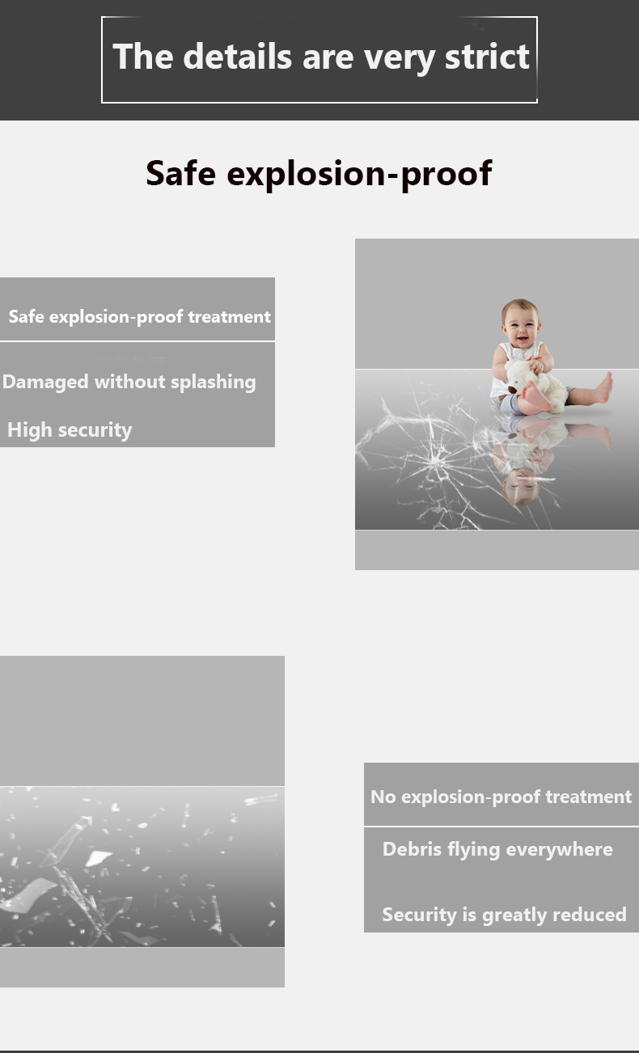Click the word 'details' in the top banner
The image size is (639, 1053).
pyautogui.click(x=238, y=57)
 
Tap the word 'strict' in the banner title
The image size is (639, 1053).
pyautogui.click(x=487, y=57)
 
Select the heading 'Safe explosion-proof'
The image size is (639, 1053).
pyautogui.click(x=319, y=174)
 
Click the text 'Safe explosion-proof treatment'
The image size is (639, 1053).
pyautogui.click(x=140, y=316)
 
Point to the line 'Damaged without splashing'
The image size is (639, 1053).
pyautogui.click(x=129, y=383)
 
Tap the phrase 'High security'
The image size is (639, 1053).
pyautogui.click(x=70, y=430)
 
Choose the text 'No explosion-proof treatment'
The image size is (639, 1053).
pyautogui.click(x=501, y=797)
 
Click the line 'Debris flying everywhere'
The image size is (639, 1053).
pyautogui.click(x=497, y=849)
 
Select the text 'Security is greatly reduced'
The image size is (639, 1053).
pyautogui.click(x=504, y=915)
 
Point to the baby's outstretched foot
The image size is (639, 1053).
pyautogui.click(x=603, y=388)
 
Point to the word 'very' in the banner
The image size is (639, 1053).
pyautogui.click(x=400, y=58)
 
